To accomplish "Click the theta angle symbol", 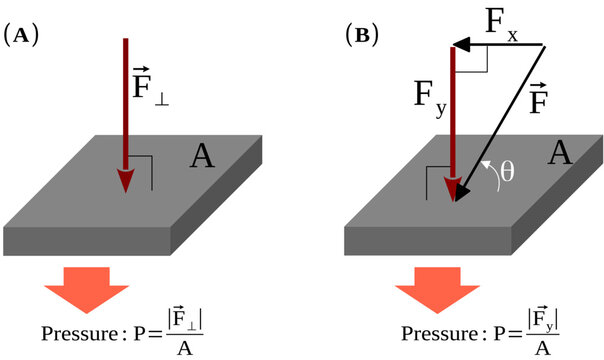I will [x=507, y=171].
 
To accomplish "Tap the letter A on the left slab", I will [x=203, y=157].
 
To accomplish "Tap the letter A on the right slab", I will [x=560, y=153].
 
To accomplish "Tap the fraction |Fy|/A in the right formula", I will [x=531, y=332].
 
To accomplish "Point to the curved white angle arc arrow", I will [x=490, y=172].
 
